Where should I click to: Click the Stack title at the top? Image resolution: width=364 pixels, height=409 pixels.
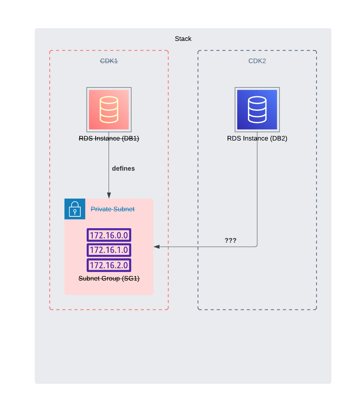coord(183,39)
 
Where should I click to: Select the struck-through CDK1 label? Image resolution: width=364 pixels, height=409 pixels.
coord(109,61)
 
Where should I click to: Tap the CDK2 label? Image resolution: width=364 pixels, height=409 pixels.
coord(257,61)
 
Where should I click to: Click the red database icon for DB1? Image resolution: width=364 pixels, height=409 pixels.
coord(109,110)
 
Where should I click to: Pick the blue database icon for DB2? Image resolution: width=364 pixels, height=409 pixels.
coord(257,110)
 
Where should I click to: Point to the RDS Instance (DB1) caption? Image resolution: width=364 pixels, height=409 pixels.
coord(109,138)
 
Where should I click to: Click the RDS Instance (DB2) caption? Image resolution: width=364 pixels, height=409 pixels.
coord(257,138)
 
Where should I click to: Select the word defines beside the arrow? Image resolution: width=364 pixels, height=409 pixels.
coord(123,169)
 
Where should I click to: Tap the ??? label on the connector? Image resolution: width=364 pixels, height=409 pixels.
coord(231,240)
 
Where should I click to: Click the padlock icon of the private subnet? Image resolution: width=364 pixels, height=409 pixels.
coord(75,209)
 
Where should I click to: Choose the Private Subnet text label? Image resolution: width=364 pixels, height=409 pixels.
coord(112,209)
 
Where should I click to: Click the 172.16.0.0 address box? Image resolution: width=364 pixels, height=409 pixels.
coord(109,235)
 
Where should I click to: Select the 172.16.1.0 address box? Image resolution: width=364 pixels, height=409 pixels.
coord(109,250)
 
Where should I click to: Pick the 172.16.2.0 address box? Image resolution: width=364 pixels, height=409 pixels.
coord(109,265)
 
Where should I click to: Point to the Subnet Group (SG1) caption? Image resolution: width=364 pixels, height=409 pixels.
coord(109,279)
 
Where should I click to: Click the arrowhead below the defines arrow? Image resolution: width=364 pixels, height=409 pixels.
coord(109,196)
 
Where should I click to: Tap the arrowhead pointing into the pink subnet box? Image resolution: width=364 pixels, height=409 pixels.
coord(156,247)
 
